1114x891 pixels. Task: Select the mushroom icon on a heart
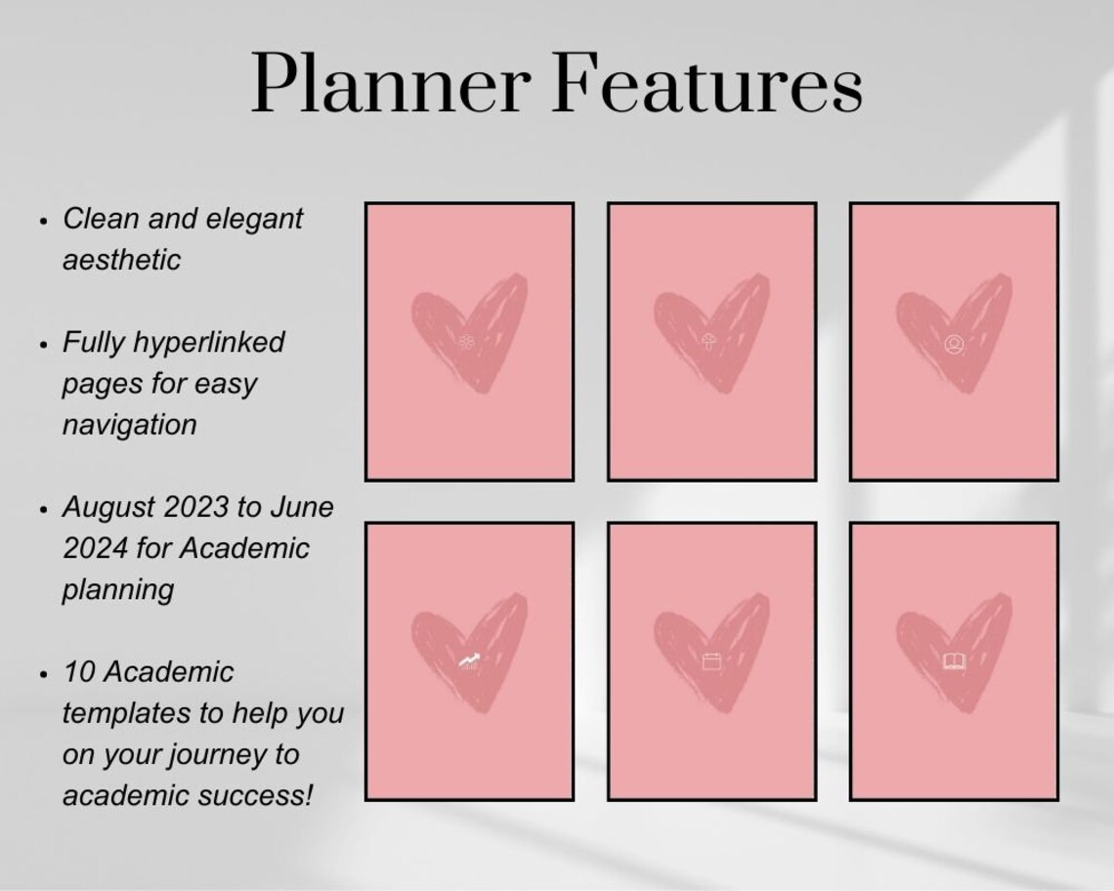tap(707, 342)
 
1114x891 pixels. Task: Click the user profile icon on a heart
tap(953, 344)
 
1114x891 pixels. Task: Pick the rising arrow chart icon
tap(470, 662)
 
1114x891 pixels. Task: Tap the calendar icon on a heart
tap(710, 662)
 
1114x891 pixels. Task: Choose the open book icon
tap(954, 662)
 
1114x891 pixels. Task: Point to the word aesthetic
tap(121, 260)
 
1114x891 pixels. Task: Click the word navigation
tap(129, 424)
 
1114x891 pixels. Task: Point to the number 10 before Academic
tap(77, 672)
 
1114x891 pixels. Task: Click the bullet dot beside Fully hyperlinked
tap(44, 345)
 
